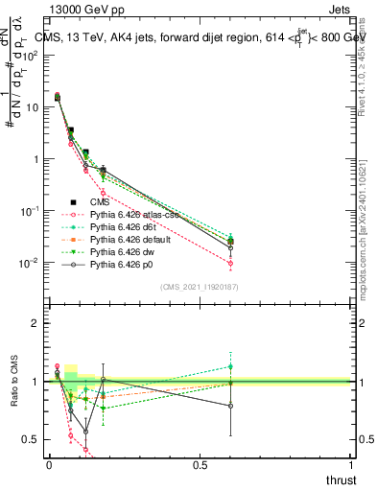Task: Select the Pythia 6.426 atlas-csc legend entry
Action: pyautogui.click(x=134, y=215)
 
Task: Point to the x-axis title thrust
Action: pyautogui.click(x=340, y=479)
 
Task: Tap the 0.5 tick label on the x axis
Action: pyautogui.click(x=200, y=465)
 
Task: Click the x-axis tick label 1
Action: pyautogui.click(x=351, y=465)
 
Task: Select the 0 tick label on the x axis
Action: pyautogui.click(x=49, y=465)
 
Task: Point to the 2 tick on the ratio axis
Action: pyautogui.click(x=36, y=323)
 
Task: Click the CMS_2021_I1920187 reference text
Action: pyautogui.click(x=199, y=287)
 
